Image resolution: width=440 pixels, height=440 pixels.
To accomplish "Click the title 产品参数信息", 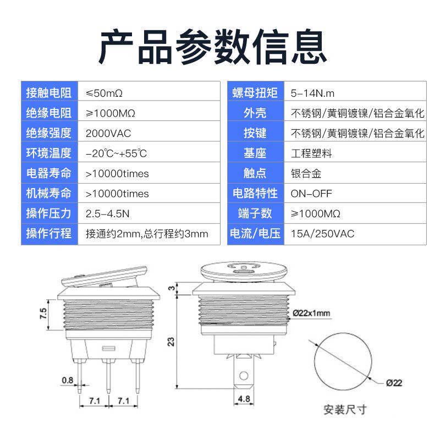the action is pyautogui.click(x=212, y=47).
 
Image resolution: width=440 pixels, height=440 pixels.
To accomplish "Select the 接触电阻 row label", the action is pyautogui.click(x=49, y=93).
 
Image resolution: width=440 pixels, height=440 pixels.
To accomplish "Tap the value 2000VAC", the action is pyautogui.click(x=108, y=133).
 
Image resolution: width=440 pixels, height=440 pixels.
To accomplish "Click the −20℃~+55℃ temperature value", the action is pyautogui.click(x=116, y=153).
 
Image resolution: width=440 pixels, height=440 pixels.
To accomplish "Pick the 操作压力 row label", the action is pyautogui.click(x=49, y=213).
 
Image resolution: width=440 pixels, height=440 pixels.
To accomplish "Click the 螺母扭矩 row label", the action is pyautogui.click(x=255, y=93).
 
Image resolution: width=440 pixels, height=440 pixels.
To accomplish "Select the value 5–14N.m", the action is pyautogui.click(x=312, y=93).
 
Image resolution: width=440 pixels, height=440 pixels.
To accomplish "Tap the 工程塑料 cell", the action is pyautogui.click(x=311, y=153).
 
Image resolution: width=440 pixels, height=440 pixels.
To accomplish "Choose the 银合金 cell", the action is pyautogui.click(x=306, y=173).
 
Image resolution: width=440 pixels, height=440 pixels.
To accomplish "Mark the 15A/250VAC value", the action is pyautogui.click(x=322, y=234).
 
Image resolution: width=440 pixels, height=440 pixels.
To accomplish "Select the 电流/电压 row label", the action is pyautogui.click(x=255, y=234).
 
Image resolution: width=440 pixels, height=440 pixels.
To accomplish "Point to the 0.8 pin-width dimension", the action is pyautogui.click(x=68, y=380).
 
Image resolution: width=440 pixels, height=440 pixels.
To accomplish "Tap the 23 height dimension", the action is pyautogui.click(x=171, y=341).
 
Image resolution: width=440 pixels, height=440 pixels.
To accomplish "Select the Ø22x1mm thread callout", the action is pyautogui.click(x=311, y=313).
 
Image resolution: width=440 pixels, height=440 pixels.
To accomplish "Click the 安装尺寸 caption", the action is pyautogui.click(x=345, y=409).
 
